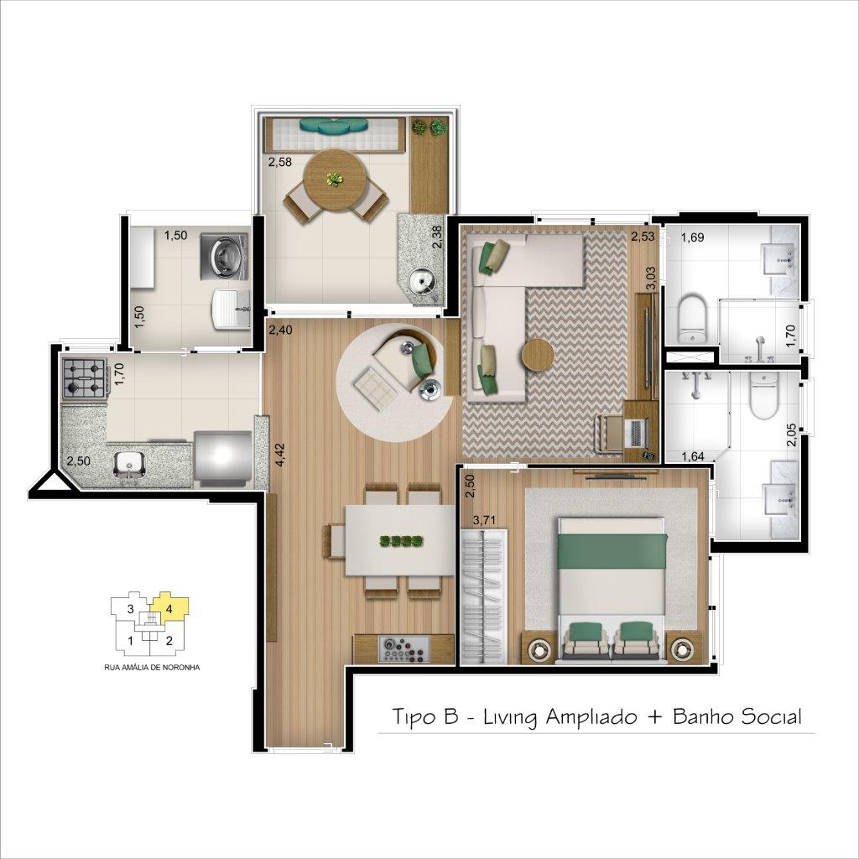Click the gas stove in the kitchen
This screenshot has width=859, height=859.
85,378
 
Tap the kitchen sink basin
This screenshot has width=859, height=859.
129,465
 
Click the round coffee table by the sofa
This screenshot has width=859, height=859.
538,356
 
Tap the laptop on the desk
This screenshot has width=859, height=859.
638,432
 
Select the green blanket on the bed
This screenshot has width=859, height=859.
612,550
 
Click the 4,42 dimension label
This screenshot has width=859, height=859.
280,454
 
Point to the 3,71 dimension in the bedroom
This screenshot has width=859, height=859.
484,520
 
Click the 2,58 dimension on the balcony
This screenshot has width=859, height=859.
279,162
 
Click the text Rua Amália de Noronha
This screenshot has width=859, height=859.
152,667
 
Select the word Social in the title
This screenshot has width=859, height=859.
772,716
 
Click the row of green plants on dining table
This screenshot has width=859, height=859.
402,541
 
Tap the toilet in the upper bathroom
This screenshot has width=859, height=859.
692,320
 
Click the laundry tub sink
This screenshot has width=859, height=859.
231,310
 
